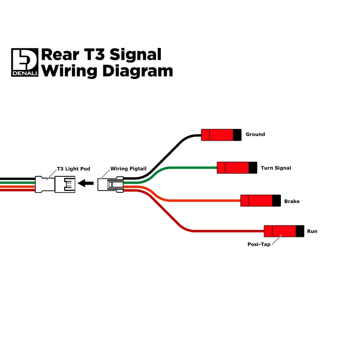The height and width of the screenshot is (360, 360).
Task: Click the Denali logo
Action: pyautogui.click(x=24, y=62)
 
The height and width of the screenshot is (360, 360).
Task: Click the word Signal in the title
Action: pyautogui.click(x=135, y=55)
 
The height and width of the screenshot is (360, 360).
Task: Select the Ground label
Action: pyautogui.click(x=255, y=134)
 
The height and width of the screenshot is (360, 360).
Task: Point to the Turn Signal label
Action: pyautogui.click(x=276, y=168)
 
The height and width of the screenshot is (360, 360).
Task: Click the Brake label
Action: pyautogui.click(x=292, y=201)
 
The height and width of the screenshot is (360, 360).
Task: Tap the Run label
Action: pyautogui.click(x=312, y=231)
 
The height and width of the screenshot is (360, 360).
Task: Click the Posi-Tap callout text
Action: pyautogui.click(x=258, y=244)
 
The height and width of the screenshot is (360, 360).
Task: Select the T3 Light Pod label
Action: pyautogui.click(x=73, y=168)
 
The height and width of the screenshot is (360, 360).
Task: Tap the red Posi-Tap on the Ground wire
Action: pyautogui.click(x=217, y=135)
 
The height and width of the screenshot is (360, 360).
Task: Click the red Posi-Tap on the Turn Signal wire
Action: pyautogui.click(x=233, y=168)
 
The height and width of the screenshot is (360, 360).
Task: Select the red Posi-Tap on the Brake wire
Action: pyautogui.click(x=256, y=201)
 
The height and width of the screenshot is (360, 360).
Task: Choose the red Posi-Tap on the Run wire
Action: pyautogui.click(x=280, y=231)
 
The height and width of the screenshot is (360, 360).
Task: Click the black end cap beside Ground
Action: pyautogui.click(x=237, y=135)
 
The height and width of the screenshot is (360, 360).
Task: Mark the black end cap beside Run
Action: pyautogui.click(x=300, y=231)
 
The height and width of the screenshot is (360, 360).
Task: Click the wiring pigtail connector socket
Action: pyautogui.click(x=111, y=184)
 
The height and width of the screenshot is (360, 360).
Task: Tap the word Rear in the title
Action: pyautogui.click(x=58, y=55)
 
